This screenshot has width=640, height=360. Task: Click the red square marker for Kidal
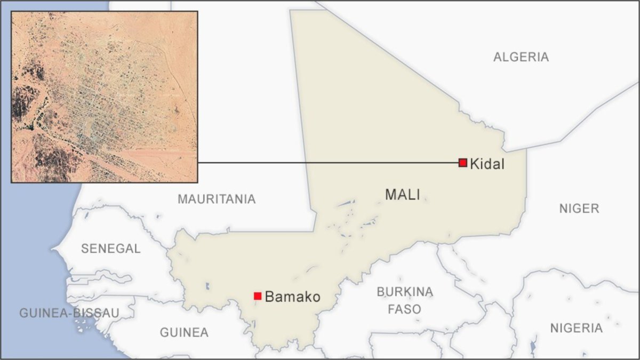point(462,163)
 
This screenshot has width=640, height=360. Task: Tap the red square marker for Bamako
point(258,296)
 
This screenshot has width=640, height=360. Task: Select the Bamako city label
point(292,297)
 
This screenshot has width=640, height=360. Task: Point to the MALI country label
point(403,195)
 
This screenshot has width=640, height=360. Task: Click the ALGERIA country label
point(521,57)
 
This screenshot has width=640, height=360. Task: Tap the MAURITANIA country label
point(217,199)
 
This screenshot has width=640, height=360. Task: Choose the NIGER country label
point(579,209)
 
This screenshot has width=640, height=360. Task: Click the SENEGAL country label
point(110,248)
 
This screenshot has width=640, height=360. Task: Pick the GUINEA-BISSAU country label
point(69,313)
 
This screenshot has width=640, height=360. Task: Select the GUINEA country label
point(184,332)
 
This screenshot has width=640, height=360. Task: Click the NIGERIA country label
point(577,328)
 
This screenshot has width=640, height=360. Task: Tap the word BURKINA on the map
point(405,292)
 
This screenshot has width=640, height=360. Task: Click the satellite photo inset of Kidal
point(105,97)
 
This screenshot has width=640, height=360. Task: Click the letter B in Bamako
point(269,297)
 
